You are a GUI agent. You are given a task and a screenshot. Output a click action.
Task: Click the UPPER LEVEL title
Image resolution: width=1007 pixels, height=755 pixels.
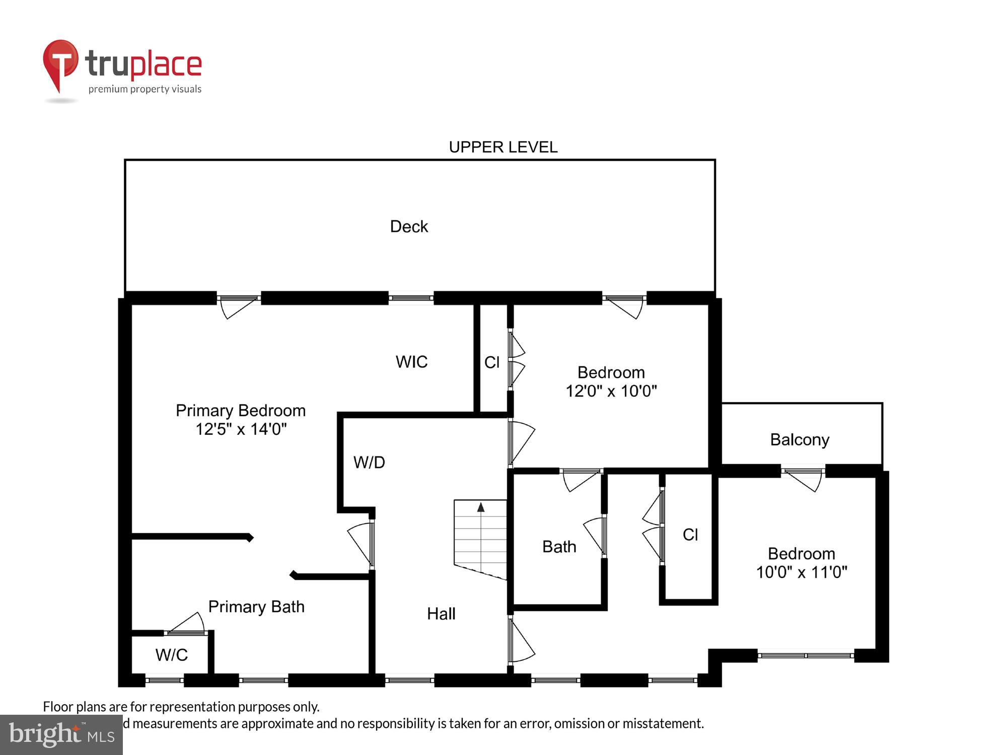coord(503,147)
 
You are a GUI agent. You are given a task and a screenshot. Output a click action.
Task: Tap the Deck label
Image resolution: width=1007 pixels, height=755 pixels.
coord(409,226)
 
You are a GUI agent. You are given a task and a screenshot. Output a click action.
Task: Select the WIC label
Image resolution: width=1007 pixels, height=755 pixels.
coord(411,361)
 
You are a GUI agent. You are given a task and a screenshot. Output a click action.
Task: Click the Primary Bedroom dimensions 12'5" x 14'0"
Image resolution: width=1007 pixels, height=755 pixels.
coord(241,429)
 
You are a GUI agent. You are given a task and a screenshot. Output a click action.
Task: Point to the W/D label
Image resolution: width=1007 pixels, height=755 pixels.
coord(369,462)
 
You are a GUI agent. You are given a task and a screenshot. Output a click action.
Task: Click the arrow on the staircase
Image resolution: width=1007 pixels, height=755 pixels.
coord(481,507)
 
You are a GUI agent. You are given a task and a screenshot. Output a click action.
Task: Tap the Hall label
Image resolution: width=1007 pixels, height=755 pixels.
coord(441,614)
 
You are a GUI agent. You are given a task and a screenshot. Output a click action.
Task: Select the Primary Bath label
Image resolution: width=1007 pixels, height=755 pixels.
coord(256,607)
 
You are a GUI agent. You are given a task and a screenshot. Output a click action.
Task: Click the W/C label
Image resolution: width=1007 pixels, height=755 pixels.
coord(171,655)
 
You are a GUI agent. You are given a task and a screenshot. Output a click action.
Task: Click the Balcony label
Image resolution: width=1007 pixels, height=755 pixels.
coord(800,439)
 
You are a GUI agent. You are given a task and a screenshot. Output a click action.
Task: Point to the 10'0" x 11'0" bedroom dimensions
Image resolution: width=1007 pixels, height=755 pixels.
coord(802,572)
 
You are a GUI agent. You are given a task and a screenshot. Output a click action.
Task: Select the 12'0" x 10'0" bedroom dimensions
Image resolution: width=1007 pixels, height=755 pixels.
coord(611,391)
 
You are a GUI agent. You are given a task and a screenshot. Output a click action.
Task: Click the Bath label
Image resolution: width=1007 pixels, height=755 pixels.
coord(559,547)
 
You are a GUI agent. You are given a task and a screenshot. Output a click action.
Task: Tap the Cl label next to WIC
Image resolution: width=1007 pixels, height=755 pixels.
coord(492,362)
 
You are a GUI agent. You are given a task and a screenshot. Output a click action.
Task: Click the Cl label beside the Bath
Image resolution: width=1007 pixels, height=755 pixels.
coord(690,535)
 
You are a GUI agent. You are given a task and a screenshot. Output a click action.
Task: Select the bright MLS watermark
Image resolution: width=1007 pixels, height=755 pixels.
coord(61,735)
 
